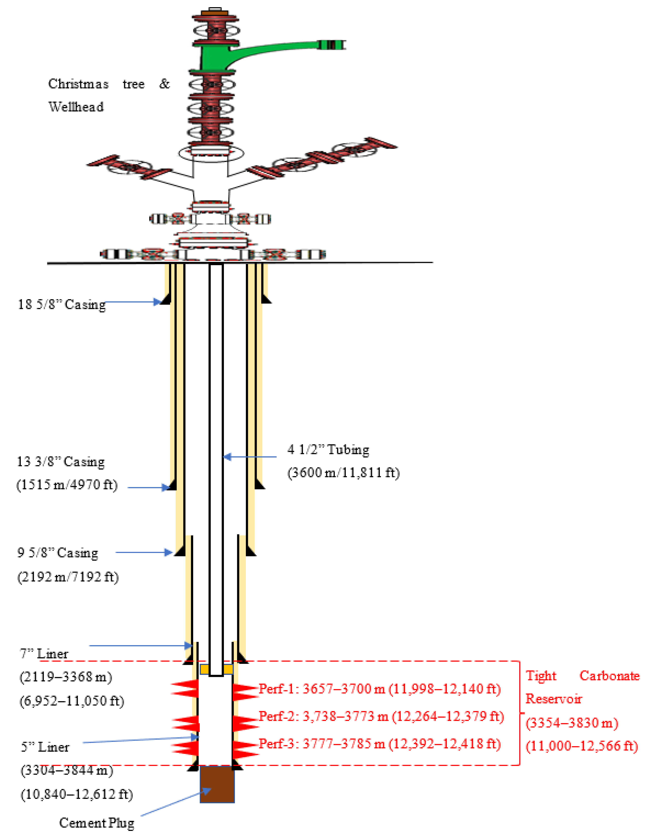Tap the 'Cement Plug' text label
coord(96,823)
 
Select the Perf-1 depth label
coord(379,689)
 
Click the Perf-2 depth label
coord(381,716)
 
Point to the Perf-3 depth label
coord(379,744)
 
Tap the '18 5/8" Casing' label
coord(61,304)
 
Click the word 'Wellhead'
coord(76,107)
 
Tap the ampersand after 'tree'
coord(164,83)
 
